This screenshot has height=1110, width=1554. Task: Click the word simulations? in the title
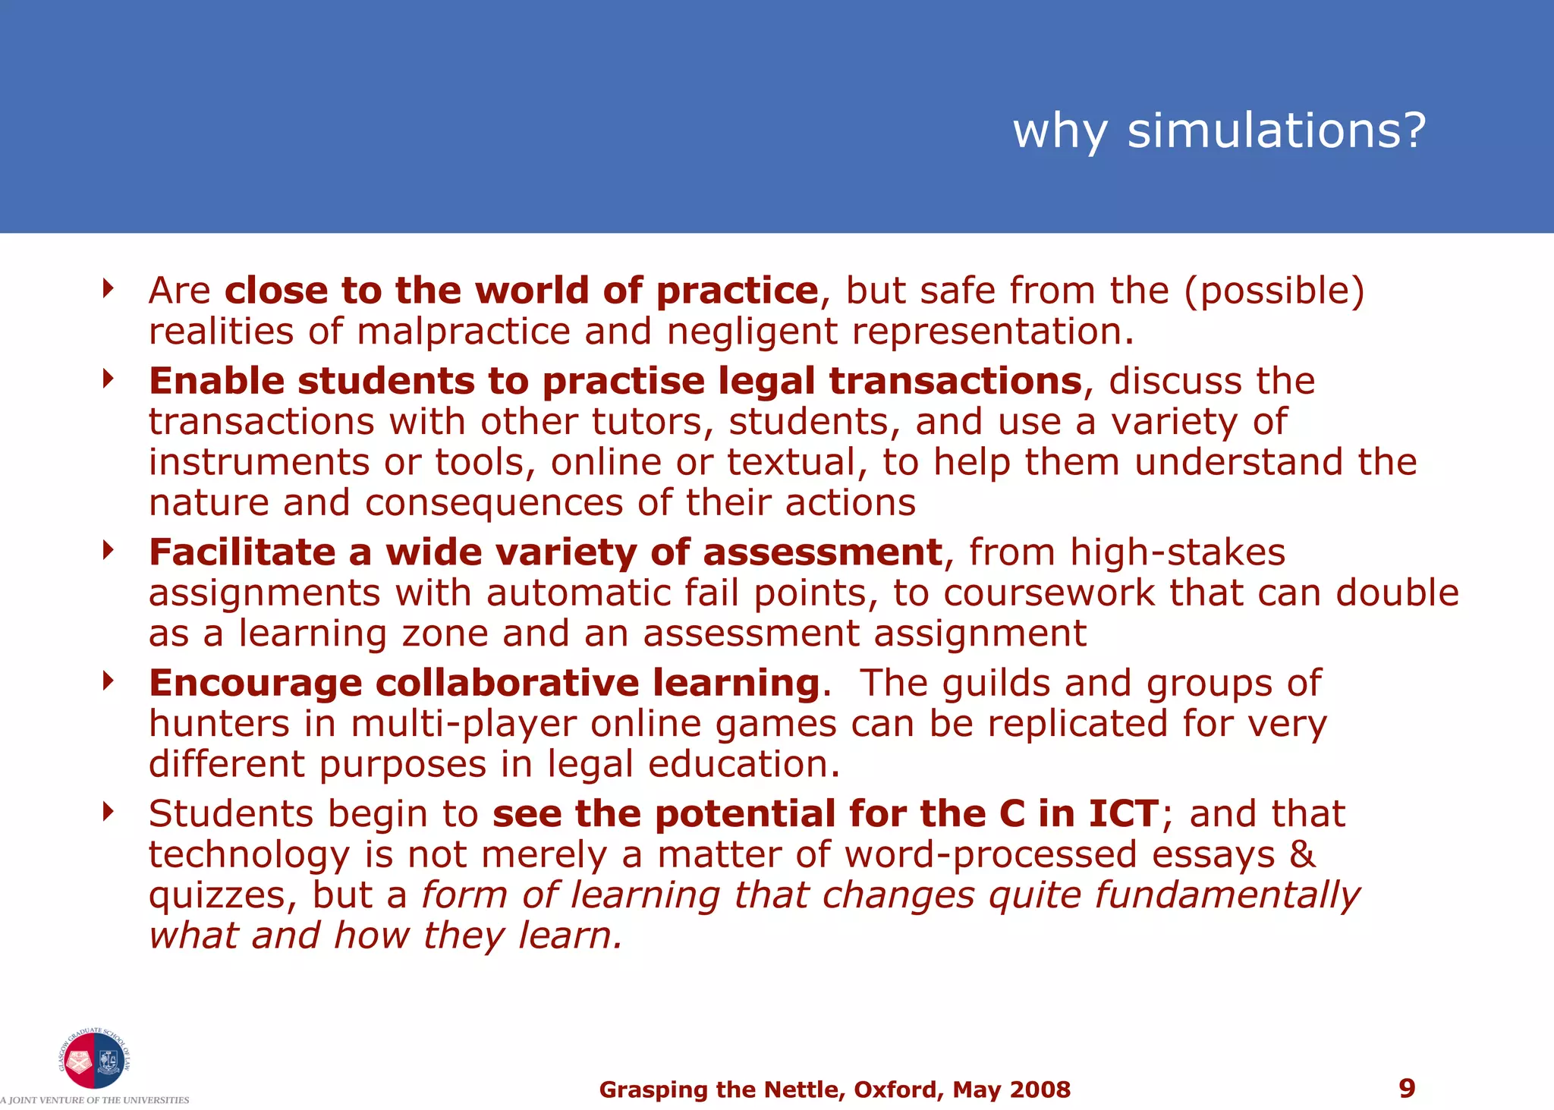pyautogui.click(x=1276, y=130)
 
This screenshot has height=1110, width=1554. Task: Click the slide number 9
pyautogui.click(x=1407, y=1089)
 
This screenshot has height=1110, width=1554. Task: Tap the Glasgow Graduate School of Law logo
pyautogui.click(x=94, y=1059)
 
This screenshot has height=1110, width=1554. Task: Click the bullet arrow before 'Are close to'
pyautogui.click(x=109, y=288)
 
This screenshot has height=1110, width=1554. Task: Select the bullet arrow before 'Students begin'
pyautogui.click(x=109, y=812)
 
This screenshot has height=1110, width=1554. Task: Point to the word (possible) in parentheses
pyautogui.click(x=1274, y=291)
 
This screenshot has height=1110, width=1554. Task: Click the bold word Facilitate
pyautogui.click(x=242, y=552)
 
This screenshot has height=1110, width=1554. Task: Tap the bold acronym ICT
pyautogui.click(x=1123, y=813)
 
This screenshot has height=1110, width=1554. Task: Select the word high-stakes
pyautogui.click(x=1178, y=552)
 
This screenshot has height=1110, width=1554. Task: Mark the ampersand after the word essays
pyautogui.click(x=1302, y=854)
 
